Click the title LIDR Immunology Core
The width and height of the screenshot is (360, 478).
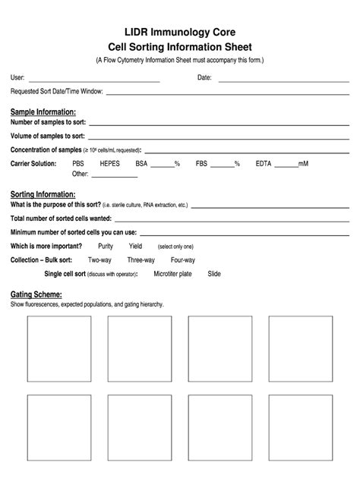click(180, 32)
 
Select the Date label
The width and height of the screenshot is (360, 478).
click(204, 77)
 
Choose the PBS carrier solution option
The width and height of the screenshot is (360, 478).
click(78, 163)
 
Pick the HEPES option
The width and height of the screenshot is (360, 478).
click(110, 163)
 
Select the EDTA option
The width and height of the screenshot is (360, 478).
click(263, 163)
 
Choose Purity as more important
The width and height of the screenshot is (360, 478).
click(106, 246)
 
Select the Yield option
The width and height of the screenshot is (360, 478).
click(135, 246)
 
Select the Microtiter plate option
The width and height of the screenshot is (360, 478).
click(172, 273)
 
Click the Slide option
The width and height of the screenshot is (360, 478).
click(214, 273)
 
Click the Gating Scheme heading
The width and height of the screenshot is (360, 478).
click(36, 294)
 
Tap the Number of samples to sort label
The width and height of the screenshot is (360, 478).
click(48, 122)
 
